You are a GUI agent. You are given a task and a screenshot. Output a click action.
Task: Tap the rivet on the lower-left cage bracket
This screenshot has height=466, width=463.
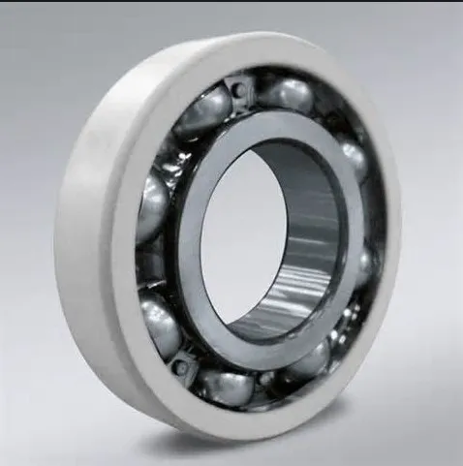pyautogui.click(x=178, y=368)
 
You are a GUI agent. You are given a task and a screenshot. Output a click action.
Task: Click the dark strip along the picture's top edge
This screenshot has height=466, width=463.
pyautogui.click(x=231, y=3)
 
